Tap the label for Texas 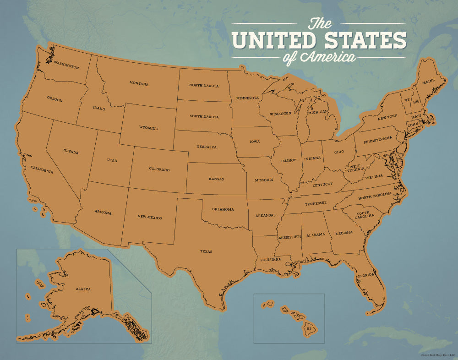click(206, 251)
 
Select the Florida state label click(366, 276)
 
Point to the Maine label click(428, 82)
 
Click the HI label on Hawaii click(309, 328)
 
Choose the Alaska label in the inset click(83, 289)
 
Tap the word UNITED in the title click(273, 40)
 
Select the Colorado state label click(159, 169)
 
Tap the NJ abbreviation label click(404, 142)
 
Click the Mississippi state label click(289, 237)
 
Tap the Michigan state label click(318, 112)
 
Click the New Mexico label click(150, 218)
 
